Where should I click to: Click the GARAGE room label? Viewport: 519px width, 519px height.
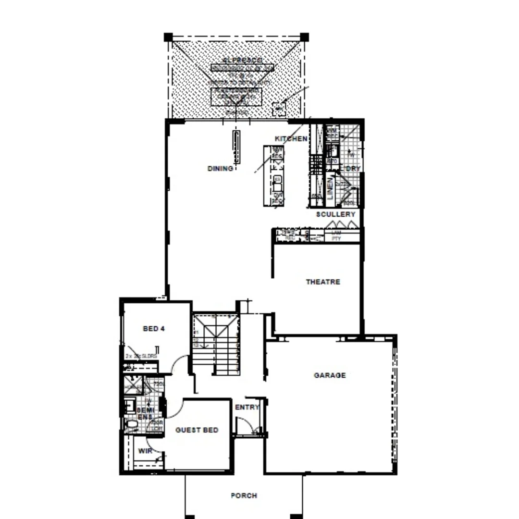(x=330, y=375)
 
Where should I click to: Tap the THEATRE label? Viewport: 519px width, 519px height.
(x=323, y=282)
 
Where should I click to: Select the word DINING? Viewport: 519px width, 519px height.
(x=220, y=169)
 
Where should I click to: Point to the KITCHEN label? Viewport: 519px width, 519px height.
(x=291, y=139)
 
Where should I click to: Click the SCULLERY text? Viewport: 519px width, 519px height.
(x=336, y=214)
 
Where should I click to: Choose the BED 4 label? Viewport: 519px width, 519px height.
(x=154, y=329)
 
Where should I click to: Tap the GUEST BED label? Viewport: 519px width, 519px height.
(x=197, y=430)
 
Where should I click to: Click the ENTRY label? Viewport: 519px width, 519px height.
(x=247, y=408)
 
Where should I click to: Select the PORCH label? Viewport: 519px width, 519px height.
(x=244, y=495)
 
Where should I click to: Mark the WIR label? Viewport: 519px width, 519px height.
(x=145, y=451)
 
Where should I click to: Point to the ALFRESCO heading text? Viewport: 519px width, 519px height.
(x=243, y=60)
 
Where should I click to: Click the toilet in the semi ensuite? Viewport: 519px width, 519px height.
(x=130, y=424)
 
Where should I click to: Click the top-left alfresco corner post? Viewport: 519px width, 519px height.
(x=168, y=37)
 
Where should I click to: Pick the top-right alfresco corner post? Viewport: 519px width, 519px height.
(x=304, y=37)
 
